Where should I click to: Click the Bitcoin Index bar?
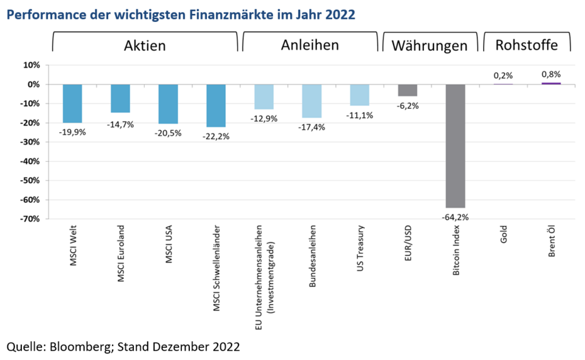point(455,146)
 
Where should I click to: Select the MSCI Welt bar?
point(72,104)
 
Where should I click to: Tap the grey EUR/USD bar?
point(408,90)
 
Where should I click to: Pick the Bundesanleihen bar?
point(311,101)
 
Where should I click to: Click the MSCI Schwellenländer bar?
point(216,106)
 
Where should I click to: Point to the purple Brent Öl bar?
point(551,83)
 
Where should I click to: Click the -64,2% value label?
point(455,218)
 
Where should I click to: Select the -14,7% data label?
point(120,123)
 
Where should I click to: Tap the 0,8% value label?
point(551,74)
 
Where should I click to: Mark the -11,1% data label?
point(360,115)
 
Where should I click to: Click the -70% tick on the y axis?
point(30,219)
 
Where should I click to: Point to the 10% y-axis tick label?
point(32,65)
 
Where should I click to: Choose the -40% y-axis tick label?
point(30,161)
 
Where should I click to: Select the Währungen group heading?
point(430,45)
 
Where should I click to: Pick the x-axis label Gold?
point(503,237)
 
